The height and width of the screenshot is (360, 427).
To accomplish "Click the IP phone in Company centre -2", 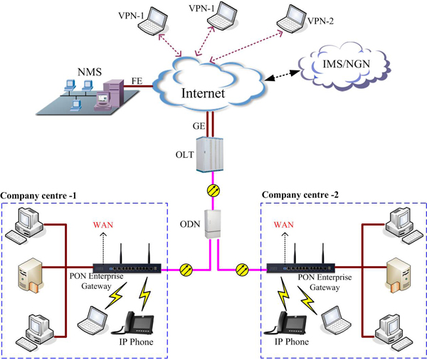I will [x=288, y=322].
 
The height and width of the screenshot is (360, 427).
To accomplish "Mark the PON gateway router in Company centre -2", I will [x=300, y=268].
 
